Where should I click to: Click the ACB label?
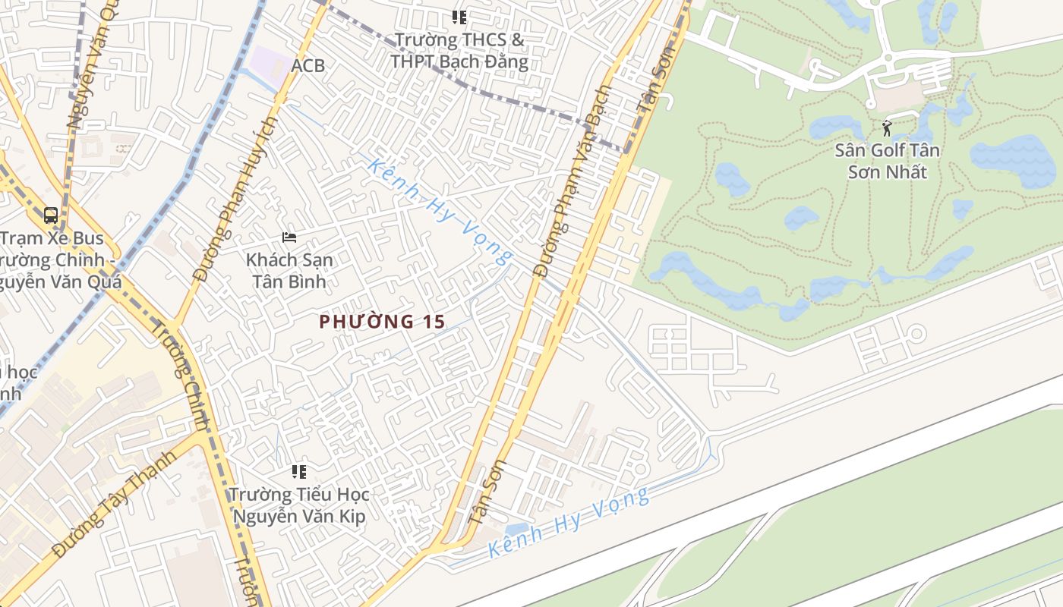308,66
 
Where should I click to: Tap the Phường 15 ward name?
382,322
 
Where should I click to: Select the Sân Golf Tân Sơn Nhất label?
887,161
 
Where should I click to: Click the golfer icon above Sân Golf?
887,128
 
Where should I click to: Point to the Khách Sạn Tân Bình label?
289,270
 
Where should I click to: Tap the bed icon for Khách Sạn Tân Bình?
289,237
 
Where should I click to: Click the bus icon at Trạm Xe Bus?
51,215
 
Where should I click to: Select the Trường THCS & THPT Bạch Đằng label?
459,50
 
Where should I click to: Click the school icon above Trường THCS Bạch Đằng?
459,17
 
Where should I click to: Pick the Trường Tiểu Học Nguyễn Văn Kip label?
299,505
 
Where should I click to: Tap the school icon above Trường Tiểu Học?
299,472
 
